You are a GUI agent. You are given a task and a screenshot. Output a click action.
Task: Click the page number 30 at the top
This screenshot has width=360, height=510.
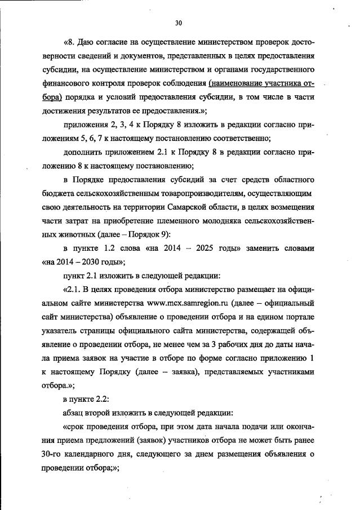click(179, 23)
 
